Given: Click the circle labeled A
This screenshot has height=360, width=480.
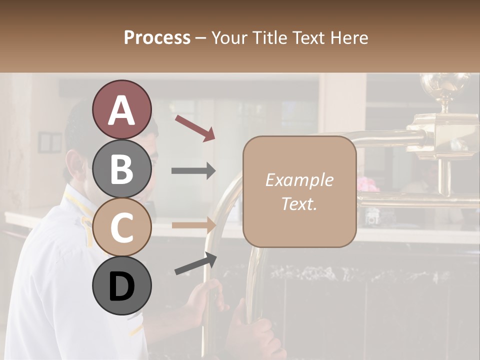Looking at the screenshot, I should click(121, 109).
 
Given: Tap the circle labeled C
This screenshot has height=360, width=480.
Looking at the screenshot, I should click(121, 227).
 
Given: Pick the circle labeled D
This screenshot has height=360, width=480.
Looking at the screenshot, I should click(121, 286).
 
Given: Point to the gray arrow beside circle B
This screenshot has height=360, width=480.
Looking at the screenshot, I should click(194, 171).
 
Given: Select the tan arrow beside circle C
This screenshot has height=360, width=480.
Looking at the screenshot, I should click(194, 225).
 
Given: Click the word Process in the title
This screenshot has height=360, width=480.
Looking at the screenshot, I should click(157, 37).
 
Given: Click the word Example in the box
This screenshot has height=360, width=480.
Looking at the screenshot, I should click(299, 180).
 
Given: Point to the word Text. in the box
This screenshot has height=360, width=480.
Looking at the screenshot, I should click(299, 203).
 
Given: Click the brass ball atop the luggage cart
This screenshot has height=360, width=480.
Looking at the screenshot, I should click(444, 85).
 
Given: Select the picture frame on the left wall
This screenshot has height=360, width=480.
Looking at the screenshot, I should click(50, 142).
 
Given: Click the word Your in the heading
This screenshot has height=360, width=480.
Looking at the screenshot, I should click(229, 37).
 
